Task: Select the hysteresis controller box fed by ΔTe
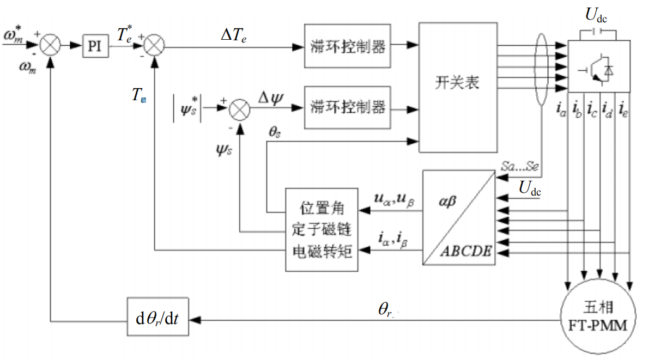[x=347, y=46]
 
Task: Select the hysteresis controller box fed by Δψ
[x=347, y=107]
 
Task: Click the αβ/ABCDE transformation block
[x=459, y=218]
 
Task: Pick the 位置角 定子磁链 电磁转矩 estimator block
[x=322, y=229]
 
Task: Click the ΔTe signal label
[x=233, y=35]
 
